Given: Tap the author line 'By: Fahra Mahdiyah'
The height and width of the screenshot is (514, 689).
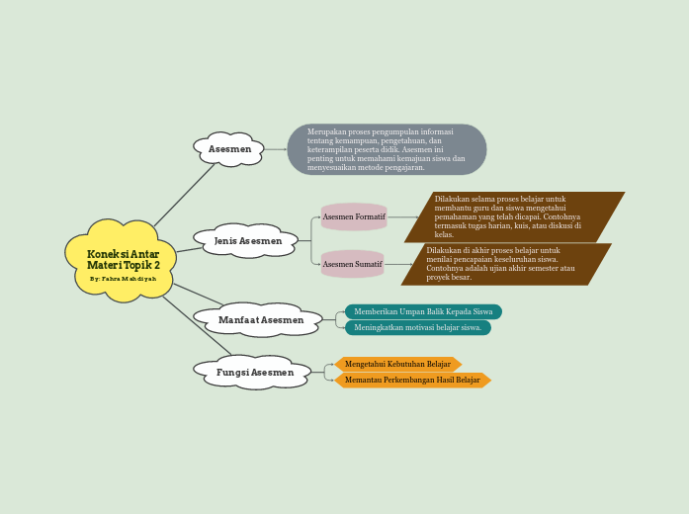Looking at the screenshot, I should click(123, 279).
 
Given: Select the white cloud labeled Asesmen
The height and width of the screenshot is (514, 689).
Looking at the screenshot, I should click(229, 149).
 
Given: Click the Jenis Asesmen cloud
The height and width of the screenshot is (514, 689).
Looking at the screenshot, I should click(247, 241).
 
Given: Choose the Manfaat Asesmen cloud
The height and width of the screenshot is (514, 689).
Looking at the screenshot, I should click(260, 320).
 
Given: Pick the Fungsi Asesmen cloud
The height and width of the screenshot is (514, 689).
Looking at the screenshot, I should click(254, 373).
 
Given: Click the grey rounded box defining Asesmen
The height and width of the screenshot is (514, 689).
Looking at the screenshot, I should click(387, 149).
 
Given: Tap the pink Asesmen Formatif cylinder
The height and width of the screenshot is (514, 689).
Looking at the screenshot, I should click(354, 216).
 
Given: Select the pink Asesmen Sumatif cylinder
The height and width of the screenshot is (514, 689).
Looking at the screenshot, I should click(353, 264).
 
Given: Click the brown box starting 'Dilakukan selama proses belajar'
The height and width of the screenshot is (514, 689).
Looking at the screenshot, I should click(513, 216).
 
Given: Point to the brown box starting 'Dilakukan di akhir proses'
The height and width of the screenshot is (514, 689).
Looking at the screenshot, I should click(505, 264).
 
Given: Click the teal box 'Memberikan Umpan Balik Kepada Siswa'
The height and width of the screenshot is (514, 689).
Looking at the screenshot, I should click(423, 311).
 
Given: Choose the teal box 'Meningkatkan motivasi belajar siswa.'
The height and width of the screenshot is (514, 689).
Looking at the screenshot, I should click(417, 327).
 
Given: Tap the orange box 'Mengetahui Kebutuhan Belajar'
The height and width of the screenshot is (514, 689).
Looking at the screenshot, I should click(397, 364).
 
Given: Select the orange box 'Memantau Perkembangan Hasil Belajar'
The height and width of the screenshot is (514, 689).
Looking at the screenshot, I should click(412, 380).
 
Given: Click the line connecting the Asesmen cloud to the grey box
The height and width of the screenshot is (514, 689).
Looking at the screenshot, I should click(276, 149).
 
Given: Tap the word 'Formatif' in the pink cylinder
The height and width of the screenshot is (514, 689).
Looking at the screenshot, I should click(369, 216).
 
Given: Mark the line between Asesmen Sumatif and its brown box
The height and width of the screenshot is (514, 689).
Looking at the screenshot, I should click(397, 264).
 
